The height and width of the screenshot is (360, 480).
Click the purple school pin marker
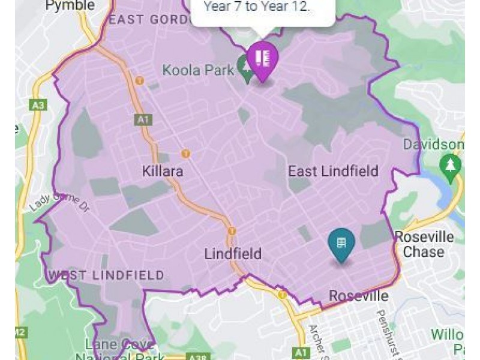[x=262, y=59]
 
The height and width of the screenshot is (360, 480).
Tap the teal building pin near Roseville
[x=341, y=244]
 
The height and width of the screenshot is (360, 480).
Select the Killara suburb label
[x=163, y=172]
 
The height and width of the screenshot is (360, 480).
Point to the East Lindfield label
[x=333, y=172]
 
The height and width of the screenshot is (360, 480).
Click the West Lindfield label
[x=106, y=275]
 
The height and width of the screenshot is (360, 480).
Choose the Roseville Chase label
[x=424, y=244]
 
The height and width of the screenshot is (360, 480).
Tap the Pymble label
[x=70, y=5]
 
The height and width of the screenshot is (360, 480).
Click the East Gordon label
[x=143, y=19]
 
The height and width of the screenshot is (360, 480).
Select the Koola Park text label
[x=198, y=70]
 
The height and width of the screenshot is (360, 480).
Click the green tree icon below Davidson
[x=449, y=164]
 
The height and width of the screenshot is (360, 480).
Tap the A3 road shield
[x=37, y=106]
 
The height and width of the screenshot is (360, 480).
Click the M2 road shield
[x=20, y=332]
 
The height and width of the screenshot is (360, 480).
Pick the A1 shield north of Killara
[x=143, y=119]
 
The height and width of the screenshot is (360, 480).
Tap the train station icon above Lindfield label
[x=232, y=230]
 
